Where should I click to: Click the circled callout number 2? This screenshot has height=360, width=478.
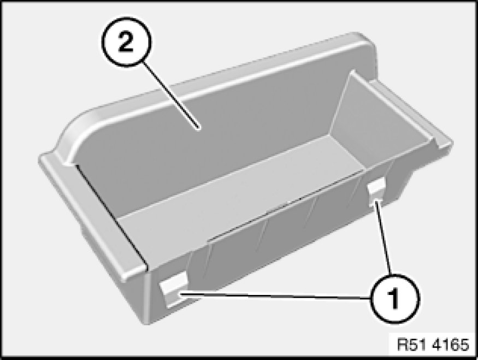126,42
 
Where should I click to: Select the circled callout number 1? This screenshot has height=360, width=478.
394,298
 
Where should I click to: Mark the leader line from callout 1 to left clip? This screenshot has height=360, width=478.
276,296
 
